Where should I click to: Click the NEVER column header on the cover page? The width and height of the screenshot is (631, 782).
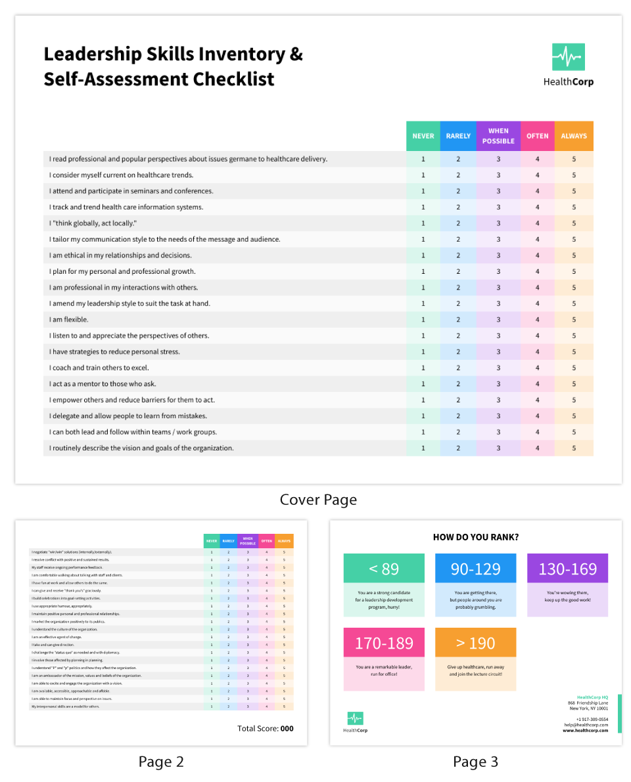point(423,136)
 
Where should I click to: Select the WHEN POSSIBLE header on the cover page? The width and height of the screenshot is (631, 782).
point(498,136)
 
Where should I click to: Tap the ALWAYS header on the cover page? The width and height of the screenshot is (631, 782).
point(574,136)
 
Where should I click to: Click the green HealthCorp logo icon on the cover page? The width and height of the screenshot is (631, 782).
point(568,57)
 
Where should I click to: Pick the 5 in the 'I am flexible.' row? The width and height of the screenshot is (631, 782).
point(574,320)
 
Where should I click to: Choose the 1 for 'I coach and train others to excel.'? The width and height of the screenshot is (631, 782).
point(423,368)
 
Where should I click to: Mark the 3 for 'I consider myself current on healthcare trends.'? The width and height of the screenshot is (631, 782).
point(498,175)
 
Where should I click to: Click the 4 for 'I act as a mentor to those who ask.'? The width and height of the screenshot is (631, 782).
point(537,384)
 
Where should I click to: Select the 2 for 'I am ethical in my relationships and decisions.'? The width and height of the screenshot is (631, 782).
point(458,255)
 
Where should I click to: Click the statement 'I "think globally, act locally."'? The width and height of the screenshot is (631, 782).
point(93,223)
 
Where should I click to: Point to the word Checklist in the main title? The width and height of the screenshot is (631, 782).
point(233,79)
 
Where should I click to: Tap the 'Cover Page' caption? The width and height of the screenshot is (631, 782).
point(318,500)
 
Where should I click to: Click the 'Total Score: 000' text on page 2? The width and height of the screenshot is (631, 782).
point(265,728)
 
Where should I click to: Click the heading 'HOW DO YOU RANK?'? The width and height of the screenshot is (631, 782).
point(475,537)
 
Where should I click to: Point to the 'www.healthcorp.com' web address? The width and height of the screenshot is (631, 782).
point(585,730)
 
